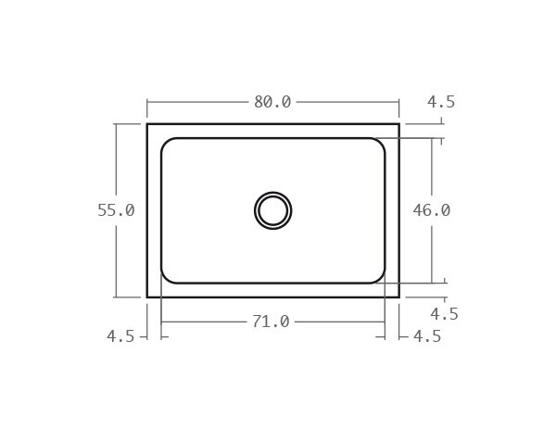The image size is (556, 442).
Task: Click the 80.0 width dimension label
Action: click(x=272, y=102)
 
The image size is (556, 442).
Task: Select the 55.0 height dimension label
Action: click(x=116, y=210)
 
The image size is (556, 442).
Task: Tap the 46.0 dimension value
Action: click(x=432, y=210)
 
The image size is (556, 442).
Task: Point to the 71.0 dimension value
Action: click(x=271, y=322)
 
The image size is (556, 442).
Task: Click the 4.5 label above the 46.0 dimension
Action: click(x=442, y=102)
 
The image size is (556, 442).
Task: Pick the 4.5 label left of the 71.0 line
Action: click(x=120, y=336)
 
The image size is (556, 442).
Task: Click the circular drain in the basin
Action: click(x=273, y=210)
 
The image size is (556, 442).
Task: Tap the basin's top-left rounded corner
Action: click(x=166, y=143)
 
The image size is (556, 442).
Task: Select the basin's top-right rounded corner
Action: click(x=380, y=143)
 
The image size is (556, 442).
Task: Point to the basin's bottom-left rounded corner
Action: click(x=166, y=278)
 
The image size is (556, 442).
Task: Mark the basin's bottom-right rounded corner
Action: click(x=380, y=278)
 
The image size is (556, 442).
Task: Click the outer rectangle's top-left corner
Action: click(x=147, y=124)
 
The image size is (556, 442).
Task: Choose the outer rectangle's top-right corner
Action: click(x=399, y=124)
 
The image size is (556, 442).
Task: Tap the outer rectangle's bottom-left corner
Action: click(x=147, y=297)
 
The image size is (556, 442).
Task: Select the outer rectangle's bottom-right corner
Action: click(x=399, y=297)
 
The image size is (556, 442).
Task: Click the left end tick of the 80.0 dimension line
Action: click(x=147, y=102)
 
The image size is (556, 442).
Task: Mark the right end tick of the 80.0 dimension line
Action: click(x=399, y=102)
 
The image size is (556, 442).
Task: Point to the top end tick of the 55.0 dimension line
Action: click(x=116, y=124)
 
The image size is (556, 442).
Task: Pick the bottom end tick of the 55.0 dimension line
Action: click(x=116, y=297)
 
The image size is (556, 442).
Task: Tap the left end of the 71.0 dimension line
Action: click(x=161, y=322)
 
